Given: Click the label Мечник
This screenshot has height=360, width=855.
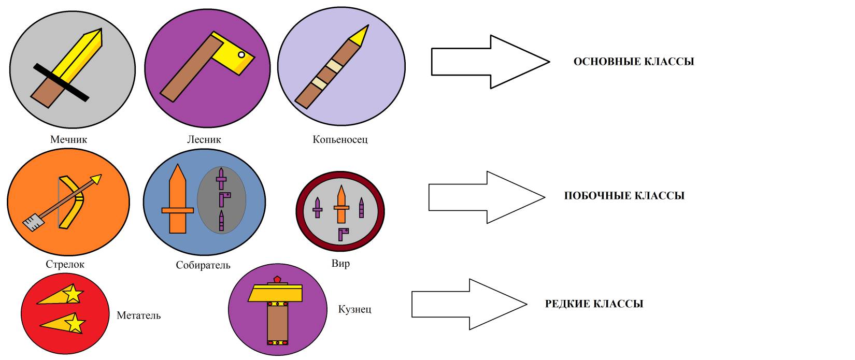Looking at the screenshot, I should (68, 139).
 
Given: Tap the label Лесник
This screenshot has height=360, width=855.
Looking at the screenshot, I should (204, 139).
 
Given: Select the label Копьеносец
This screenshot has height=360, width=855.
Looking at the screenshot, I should (340, 139).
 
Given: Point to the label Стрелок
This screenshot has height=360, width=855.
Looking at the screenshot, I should (65, 264).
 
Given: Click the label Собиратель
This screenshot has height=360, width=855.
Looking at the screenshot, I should (203, 265).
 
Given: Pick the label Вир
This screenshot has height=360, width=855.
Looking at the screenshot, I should (340, 263).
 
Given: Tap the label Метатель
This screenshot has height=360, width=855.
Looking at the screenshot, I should (138, 315).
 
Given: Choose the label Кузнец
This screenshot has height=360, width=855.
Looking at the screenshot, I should (354, 309).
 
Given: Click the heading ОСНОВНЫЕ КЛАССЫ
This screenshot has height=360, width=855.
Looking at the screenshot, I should (633, 62).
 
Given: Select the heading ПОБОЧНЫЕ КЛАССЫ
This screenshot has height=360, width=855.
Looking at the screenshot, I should (624, 196).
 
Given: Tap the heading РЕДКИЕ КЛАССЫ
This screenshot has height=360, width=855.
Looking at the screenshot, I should (594, 304).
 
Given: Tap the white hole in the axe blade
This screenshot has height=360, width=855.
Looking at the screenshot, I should (241, 54).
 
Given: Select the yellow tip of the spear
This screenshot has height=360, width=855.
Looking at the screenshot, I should (361, 35).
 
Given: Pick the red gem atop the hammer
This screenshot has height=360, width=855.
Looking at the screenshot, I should (278, 280).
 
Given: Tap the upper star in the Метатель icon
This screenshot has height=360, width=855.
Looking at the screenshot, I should (74, 294).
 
